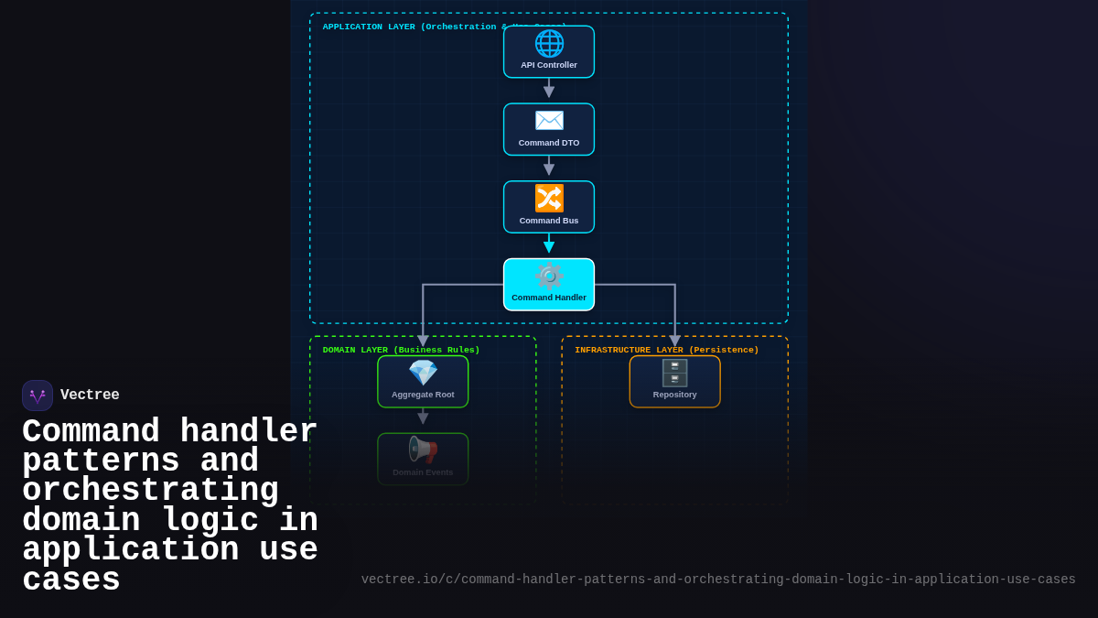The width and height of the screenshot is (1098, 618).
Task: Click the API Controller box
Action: tap(549, 52)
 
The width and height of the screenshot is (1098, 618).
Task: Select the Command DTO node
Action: tap(549, 130)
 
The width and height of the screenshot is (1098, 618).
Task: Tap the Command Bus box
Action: tap(549, 207)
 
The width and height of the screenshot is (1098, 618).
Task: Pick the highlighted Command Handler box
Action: tap(549, 285)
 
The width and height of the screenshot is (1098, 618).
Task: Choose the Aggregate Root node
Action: tap(423, 382)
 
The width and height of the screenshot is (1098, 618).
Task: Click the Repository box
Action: tap(674, 382)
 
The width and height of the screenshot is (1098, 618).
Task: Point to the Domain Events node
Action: tap(423, 459)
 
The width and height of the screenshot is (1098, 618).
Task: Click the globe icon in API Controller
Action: tap(549, 43)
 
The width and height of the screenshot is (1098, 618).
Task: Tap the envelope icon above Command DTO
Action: tap(549, 121)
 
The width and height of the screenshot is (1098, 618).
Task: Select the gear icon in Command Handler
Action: tap(549, 276)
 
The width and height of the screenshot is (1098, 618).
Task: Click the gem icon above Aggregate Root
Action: tap(423, 373)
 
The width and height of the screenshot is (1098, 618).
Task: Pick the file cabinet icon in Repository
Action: tap(674, 373)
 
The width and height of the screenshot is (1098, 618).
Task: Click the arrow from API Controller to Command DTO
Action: tap(549, 89)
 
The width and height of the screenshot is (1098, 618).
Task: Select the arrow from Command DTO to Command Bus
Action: tap(549, 167)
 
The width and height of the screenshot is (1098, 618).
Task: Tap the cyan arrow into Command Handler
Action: tap(549, 244)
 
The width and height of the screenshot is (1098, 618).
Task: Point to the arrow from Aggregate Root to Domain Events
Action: tap(423, 417)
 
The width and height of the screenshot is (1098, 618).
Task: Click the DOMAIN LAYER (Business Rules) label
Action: tap(401, 350)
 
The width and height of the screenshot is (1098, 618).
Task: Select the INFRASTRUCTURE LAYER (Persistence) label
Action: tap(666, 350)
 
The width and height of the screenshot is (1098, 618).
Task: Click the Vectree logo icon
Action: tap(38, 396)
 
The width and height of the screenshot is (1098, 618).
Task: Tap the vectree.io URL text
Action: tap(718, 580)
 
